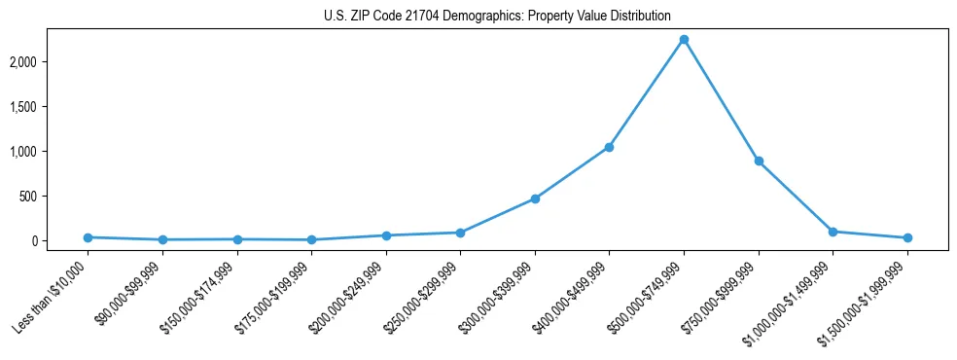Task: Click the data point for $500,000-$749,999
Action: pos(684,40)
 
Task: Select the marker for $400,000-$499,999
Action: pos(609,147)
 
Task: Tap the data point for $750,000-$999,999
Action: pos(759,161)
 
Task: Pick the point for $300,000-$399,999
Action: pos(535,198)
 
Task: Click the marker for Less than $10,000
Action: pos(88,237)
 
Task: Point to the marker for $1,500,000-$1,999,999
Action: pos(907,237)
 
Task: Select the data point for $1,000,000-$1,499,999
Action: pos(833,232)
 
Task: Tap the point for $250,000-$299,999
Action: pos(460,233)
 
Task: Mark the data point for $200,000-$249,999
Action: pos(386,235)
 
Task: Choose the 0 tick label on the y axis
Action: pos(60,241)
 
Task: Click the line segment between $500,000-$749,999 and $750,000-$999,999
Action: pos(721,100)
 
